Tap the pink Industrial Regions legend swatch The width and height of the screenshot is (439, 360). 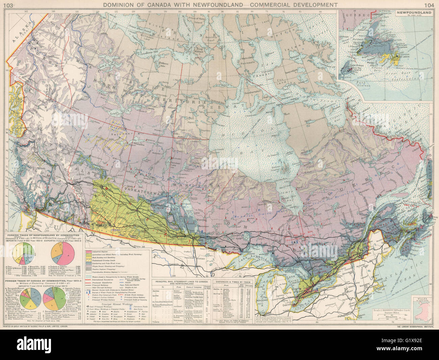coord(89,252)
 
